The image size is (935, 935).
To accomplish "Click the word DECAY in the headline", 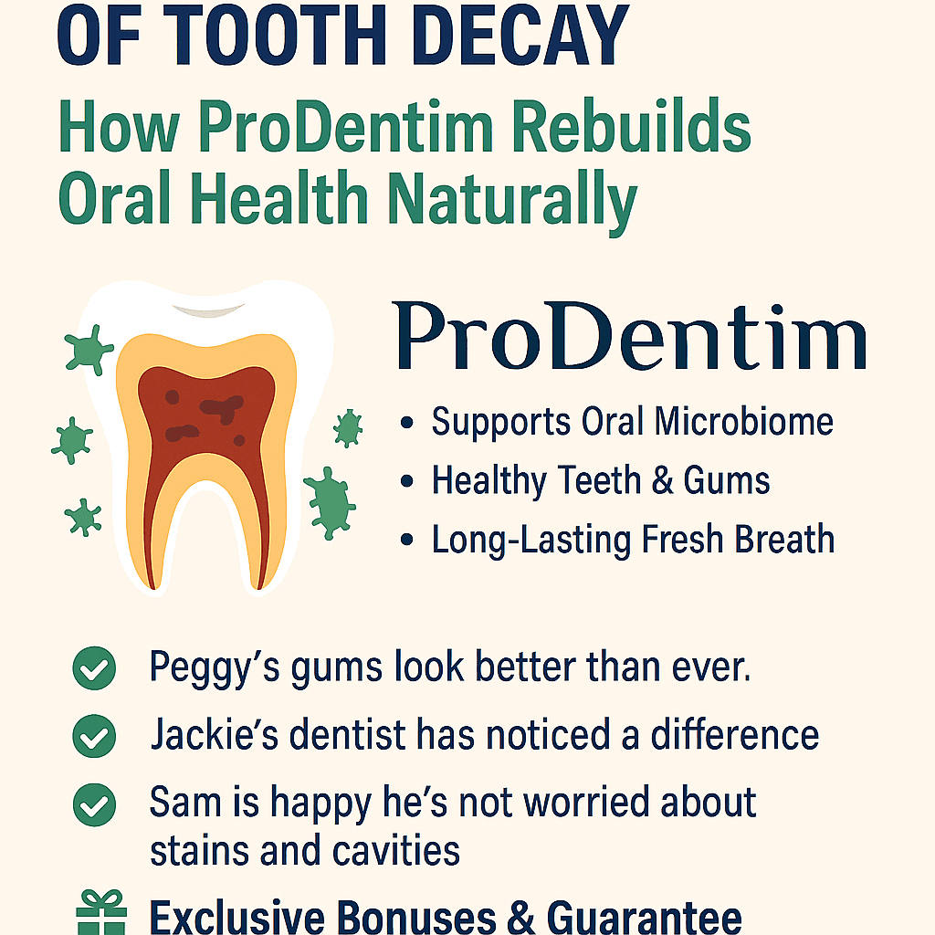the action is coord(520,34).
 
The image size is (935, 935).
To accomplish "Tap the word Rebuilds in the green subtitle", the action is coord(631,126).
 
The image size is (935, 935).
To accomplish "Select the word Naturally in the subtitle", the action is coord(513,200).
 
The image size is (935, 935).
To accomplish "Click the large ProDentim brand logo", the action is coord(630,336).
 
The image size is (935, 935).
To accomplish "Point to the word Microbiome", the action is coord(743,422).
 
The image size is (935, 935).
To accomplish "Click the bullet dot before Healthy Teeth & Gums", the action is coord(407,481).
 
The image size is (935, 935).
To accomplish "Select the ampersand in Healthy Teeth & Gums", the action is coord(663,480).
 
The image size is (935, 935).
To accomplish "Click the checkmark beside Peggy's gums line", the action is coord(94,667).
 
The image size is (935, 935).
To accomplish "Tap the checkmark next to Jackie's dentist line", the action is coord(94,736).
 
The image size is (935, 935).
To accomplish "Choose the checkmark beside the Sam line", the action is coord(94,804).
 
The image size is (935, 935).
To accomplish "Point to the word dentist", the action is coord(347,734).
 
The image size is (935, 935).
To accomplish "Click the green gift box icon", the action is coord(101,912).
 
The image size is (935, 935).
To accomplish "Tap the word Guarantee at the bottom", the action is coord(644,917).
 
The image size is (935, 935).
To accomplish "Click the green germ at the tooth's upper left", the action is coord(89,350).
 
